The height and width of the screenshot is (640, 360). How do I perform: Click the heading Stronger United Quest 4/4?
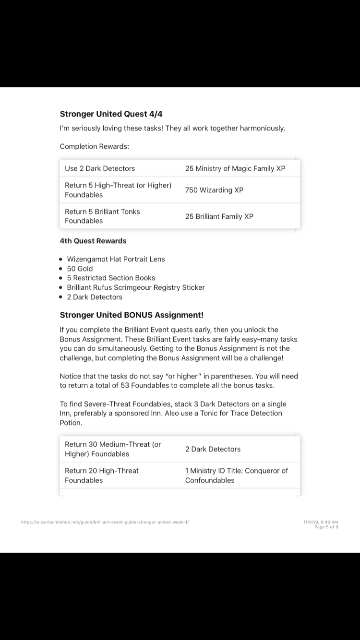[x=108, y=114]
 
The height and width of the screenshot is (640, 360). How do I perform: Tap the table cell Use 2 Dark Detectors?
[x=100, y=168]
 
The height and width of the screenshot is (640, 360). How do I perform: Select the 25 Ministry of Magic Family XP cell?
[x=235, y=168]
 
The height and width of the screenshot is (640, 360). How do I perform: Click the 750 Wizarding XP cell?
[x=214, y=190]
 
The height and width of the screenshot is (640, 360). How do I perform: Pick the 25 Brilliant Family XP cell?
[x=219, y=216]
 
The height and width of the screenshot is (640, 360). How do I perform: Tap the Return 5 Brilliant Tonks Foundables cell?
[x=102, y=216]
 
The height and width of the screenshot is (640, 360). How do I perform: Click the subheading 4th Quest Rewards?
[x=93, y=241]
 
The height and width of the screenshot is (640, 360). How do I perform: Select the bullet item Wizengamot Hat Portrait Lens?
[x=116, y=259]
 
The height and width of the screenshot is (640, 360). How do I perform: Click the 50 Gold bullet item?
[x=80, y=269]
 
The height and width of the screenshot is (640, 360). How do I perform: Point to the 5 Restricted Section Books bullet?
[x=111, y=278]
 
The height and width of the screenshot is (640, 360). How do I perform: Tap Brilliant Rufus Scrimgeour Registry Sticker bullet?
[x=136, y=287]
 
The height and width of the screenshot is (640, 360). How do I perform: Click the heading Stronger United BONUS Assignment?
[x=132, y=315]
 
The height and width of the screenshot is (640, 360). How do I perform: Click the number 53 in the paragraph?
[x=122, y=386]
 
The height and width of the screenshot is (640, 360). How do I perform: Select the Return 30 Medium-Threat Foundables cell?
[x=113, y=449]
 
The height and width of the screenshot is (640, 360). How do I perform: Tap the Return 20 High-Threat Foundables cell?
[x=102, y=475]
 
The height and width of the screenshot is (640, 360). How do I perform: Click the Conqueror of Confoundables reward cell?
[x=236, y=475]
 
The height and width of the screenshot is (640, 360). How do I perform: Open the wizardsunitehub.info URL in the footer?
[x=105, y=522]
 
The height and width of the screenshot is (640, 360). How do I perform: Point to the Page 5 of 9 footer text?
[x=326, y=527]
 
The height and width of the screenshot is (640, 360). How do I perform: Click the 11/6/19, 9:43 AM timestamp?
[x=321, y=522]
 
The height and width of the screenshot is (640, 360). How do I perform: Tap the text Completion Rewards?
[x=95, y=146]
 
